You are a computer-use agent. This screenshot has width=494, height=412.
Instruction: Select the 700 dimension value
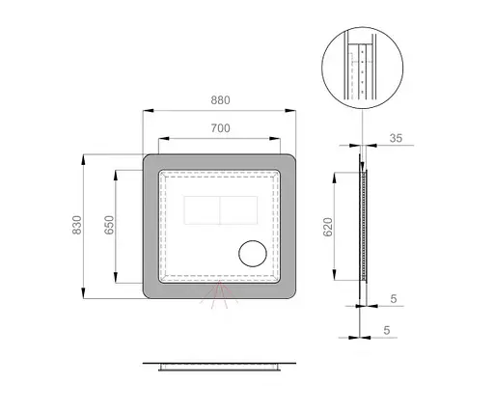click(x=220, y=126)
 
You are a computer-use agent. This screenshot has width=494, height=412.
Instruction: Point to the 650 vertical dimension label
click(x=109, y=226)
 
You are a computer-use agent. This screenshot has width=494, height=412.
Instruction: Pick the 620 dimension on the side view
click(x=328, y=228)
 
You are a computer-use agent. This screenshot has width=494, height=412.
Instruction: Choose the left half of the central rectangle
click(x=201, y=209)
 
